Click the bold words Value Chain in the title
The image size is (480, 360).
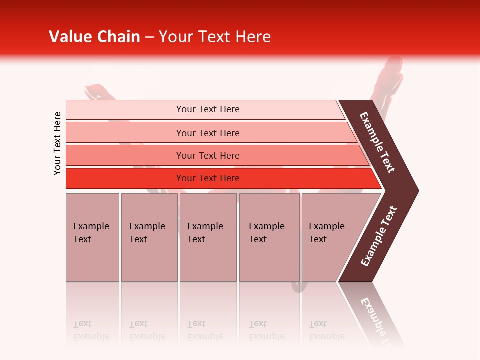[94, 37]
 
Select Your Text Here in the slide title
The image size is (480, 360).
[215, 37]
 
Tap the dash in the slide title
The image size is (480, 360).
[149, 37]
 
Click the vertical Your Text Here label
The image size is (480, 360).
[57, 143]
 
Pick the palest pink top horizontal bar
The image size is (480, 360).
[207, 109]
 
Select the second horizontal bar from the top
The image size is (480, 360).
[207, 133]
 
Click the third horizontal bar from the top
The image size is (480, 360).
[207, 155]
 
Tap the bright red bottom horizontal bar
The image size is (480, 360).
[207, 178]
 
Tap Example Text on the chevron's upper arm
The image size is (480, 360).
[377, 142]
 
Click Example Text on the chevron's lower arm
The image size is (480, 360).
[379, 236]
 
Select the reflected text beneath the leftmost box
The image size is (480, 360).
[91, 330]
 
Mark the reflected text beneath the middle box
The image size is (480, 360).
[205, 330]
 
